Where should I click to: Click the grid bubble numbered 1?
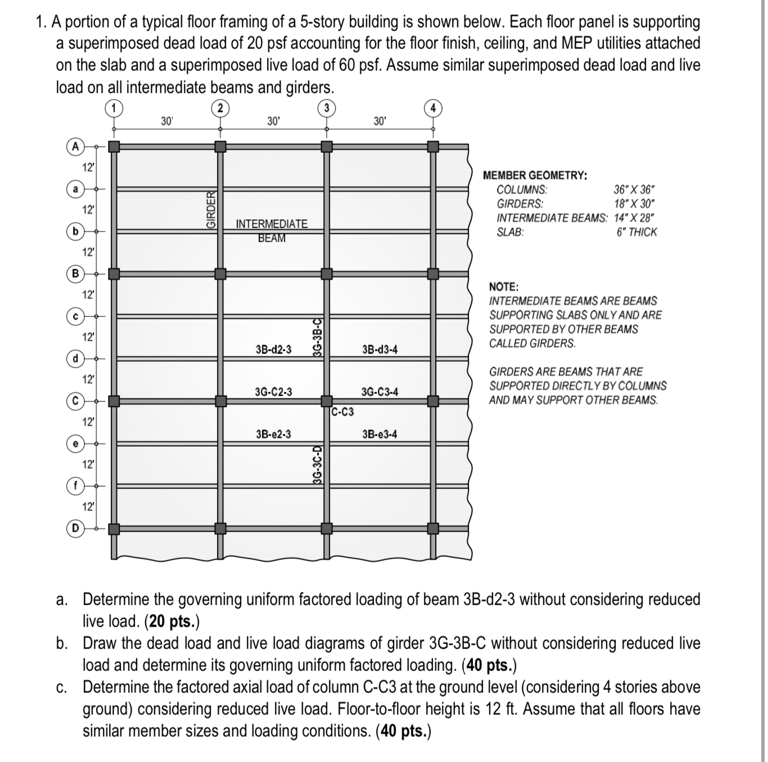(x=114, y=107)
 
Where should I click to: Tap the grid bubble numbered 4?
(x=433, y=107)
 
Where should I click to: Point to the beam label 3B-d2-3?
(x=273, y=350)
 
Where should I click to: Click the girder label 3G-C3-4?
(x=380, y=392)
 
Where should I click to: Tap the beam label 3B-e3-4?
(x=380, y=434)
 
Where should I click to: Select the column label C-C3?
(x=342, y=412)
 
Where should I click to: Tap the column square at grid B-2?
(x=220, y=274)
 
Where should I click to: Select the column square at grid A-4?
(x=433, y=147)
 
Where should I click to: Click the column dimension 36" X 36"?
(x=634, y=190)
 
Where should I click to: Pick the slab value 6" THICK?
(x=636, y=232)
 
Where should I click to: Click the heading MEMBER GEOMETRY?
(x=535, y=175)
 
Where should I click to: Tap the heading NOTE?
(x=504, y=287)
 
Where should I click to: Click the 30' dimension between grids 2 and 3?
(x=273, y=121)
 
